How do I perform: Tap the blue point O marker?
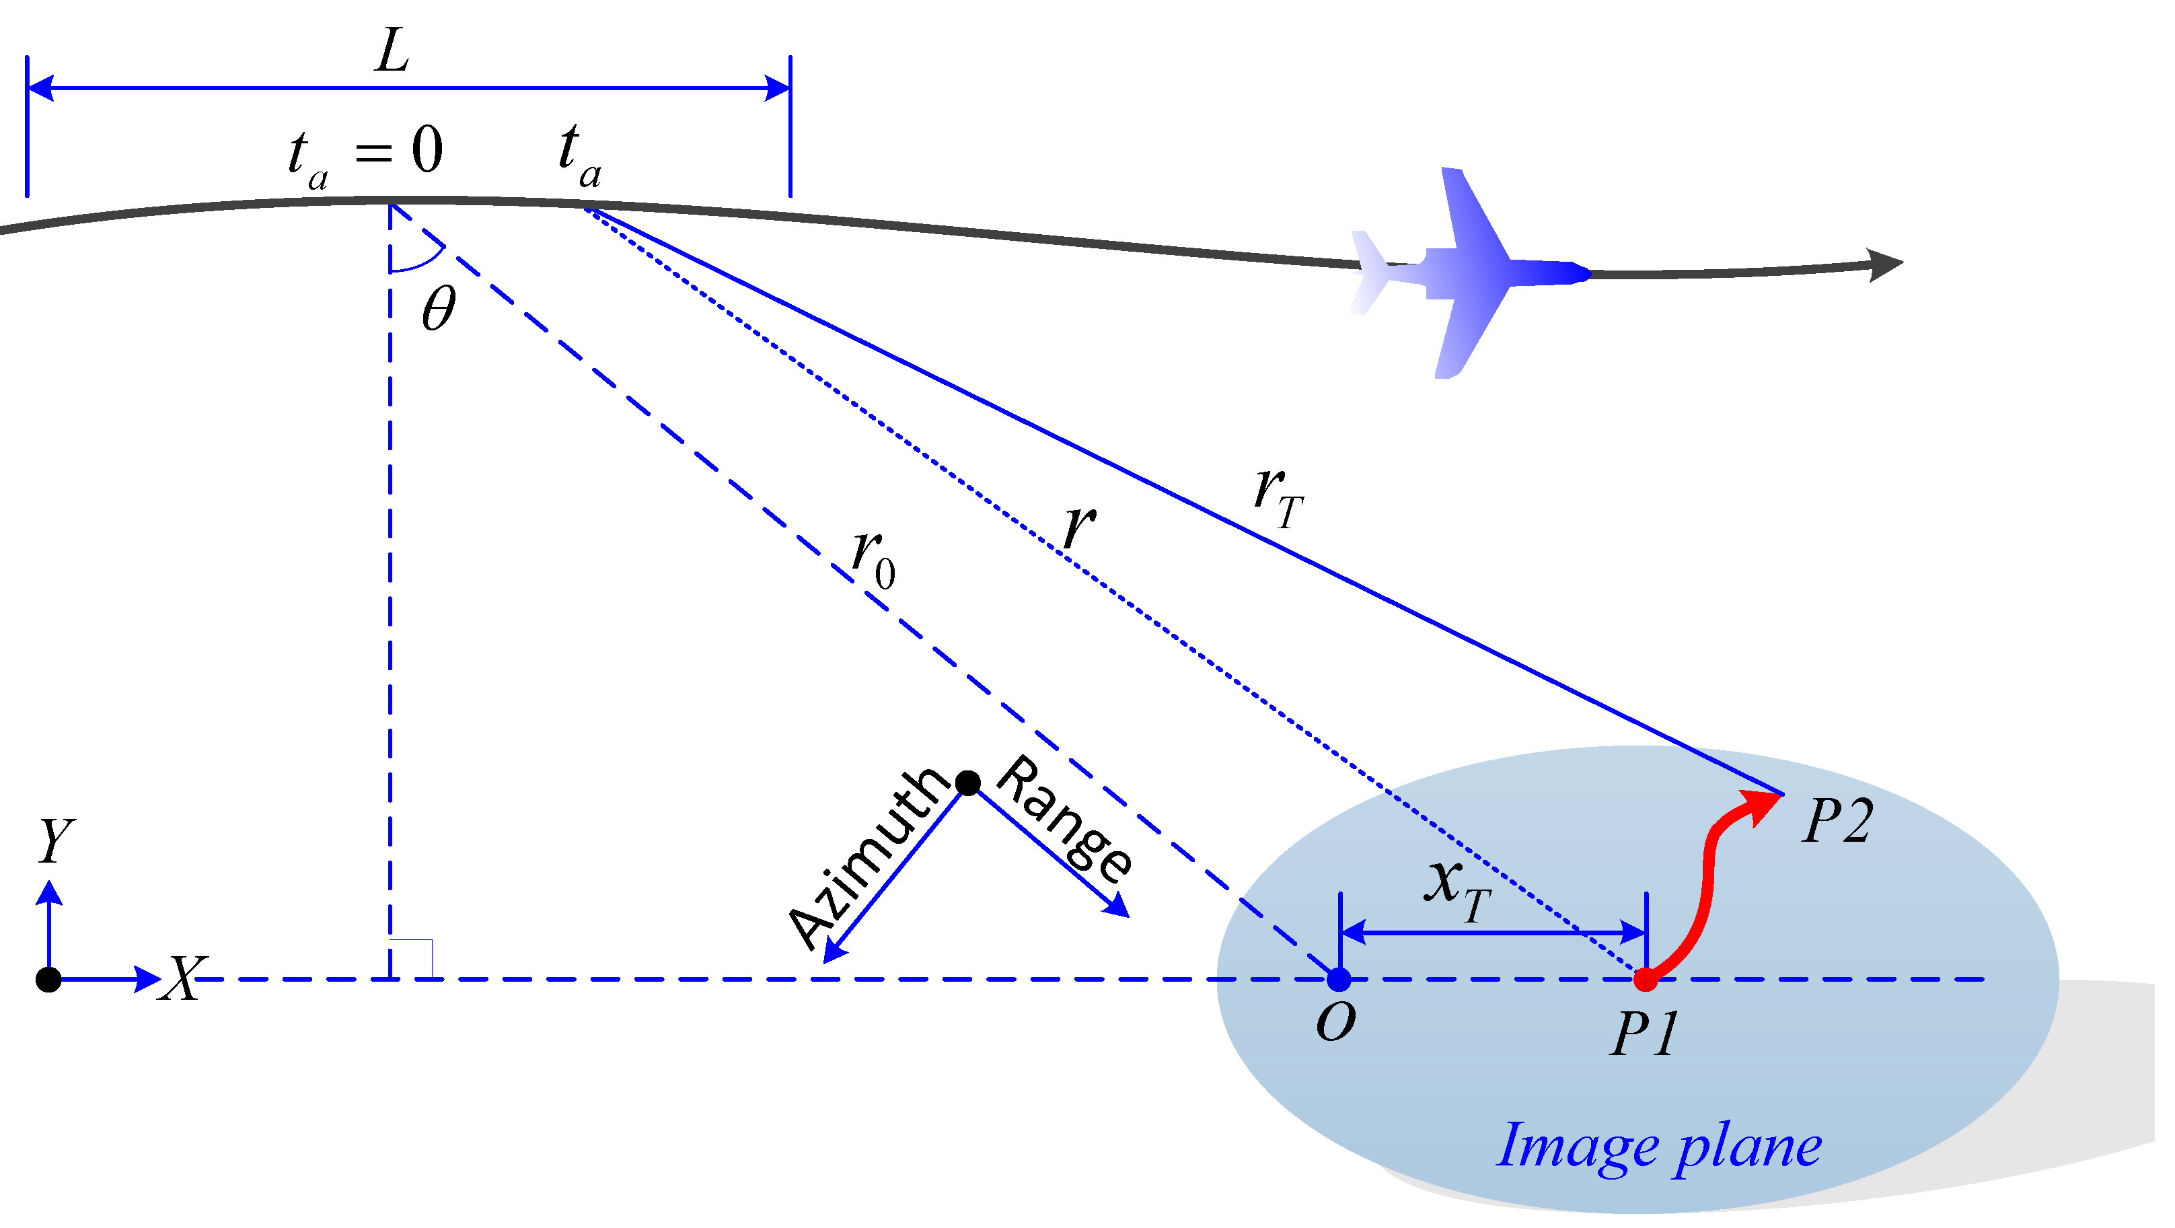[x=1351, y=989]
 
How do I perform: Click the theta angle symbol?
[x=443, y=311]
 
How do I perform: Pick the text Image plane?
[x=1674, y=1157]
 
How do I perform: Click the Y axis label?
[x=56, y=848]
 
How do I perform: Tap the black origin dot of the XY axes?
[x=49, y=989]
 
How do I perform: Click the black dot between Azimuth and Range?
[x=978, y=791]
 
